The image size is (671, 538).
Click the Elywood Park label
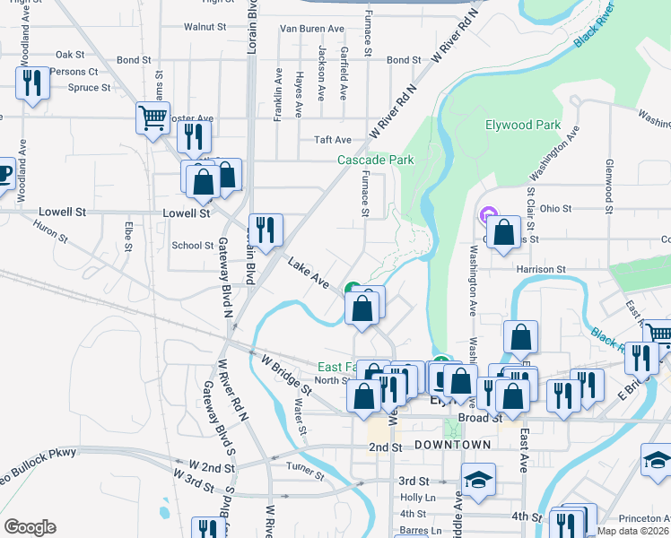click(x=522, y=126)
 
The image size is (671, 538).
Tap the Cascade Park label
click(x=375, y=161)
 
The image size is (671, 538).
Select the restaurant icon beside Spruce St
click(x=33, y=83)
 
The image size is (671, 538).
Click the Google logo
click(x=30, y=527)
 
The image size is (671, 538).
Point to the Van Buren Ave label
click(x=312, y=29)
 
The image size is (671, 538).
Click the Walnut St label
click(x=205, y=28)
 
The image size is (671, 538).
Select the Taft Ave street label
click(x=332, y=140)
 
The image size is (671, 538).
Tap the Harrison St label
click(x=541, y=269)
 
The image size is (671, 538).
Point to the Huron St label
click(x=51, y=235)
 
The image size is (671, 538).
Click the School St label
click(x=192, y=245)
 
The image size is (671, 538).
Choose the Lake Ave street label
click(x=308, y=273)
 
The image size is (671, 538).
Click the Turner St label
click(x=304, y=469)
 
